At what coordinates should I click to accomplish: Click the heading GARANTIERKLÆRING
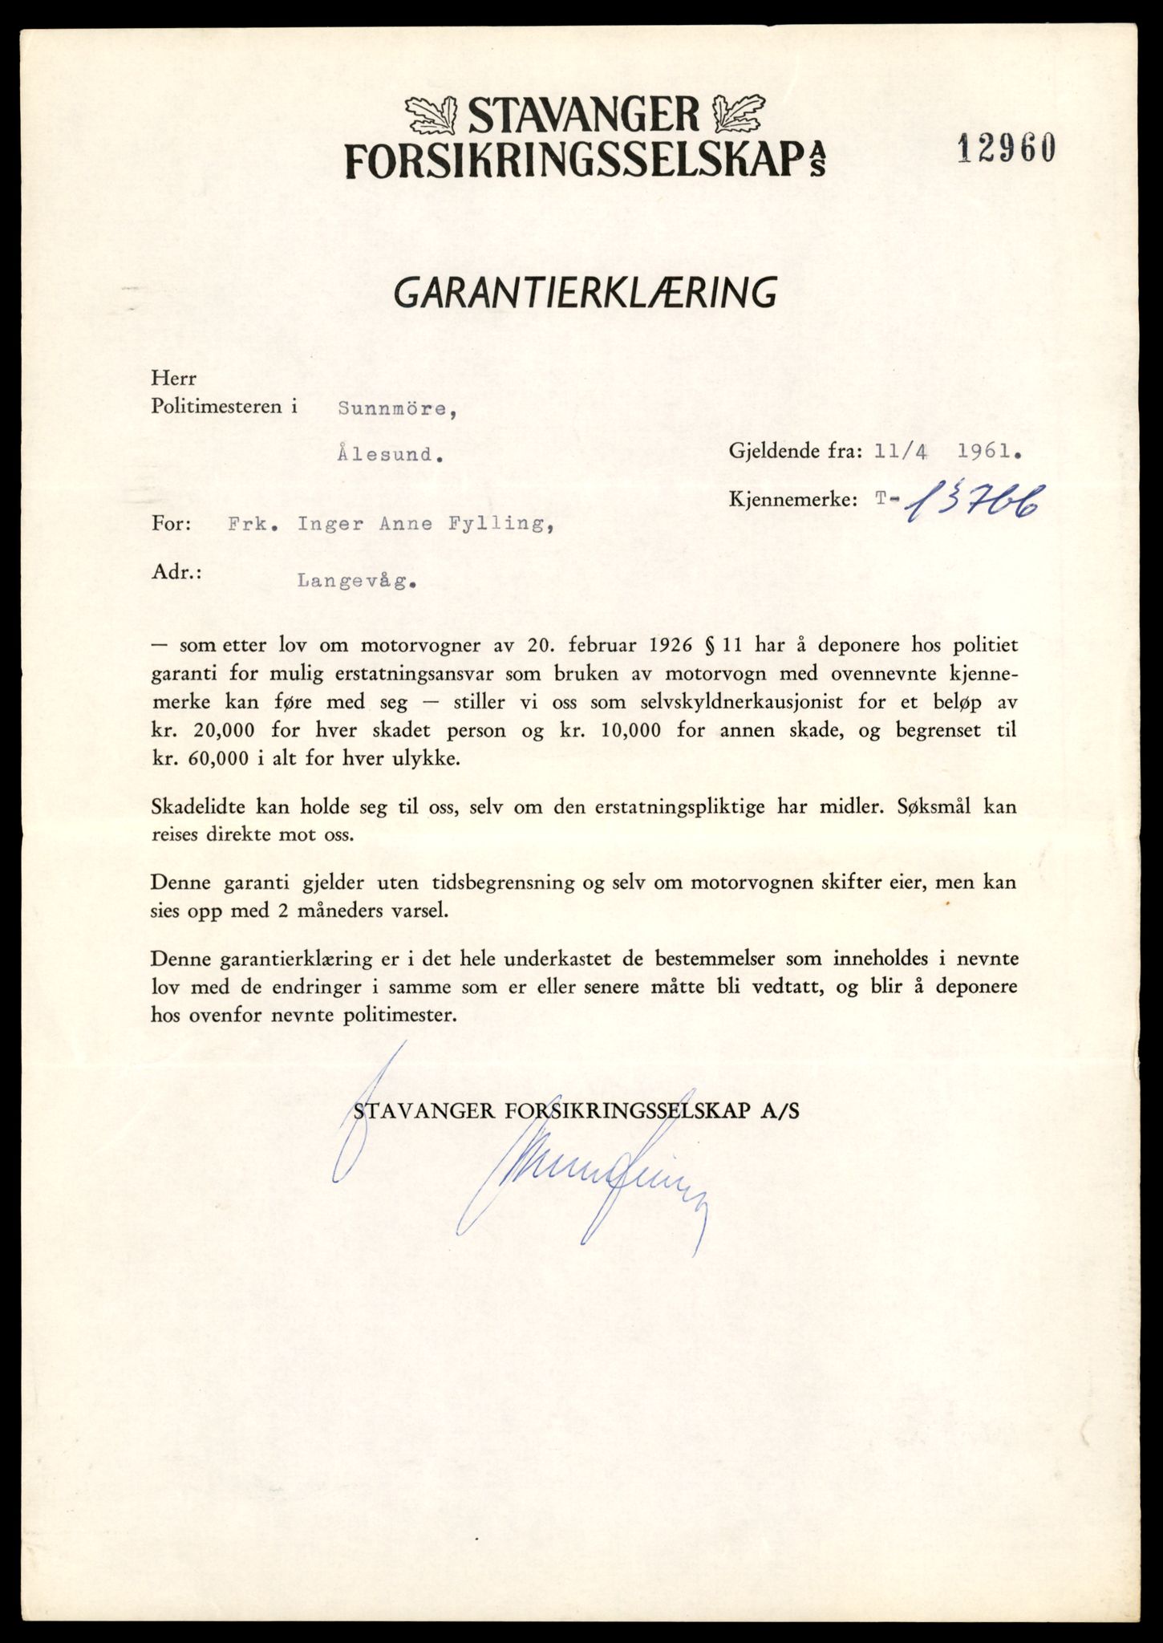tap(585, 294)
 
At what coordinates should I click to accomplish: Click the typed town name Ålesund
tap(390, 454)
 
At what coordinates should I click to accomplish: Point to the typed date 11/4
tap(902, 452)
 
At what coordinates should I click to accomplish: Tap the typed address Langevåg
tap(356, 582)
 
